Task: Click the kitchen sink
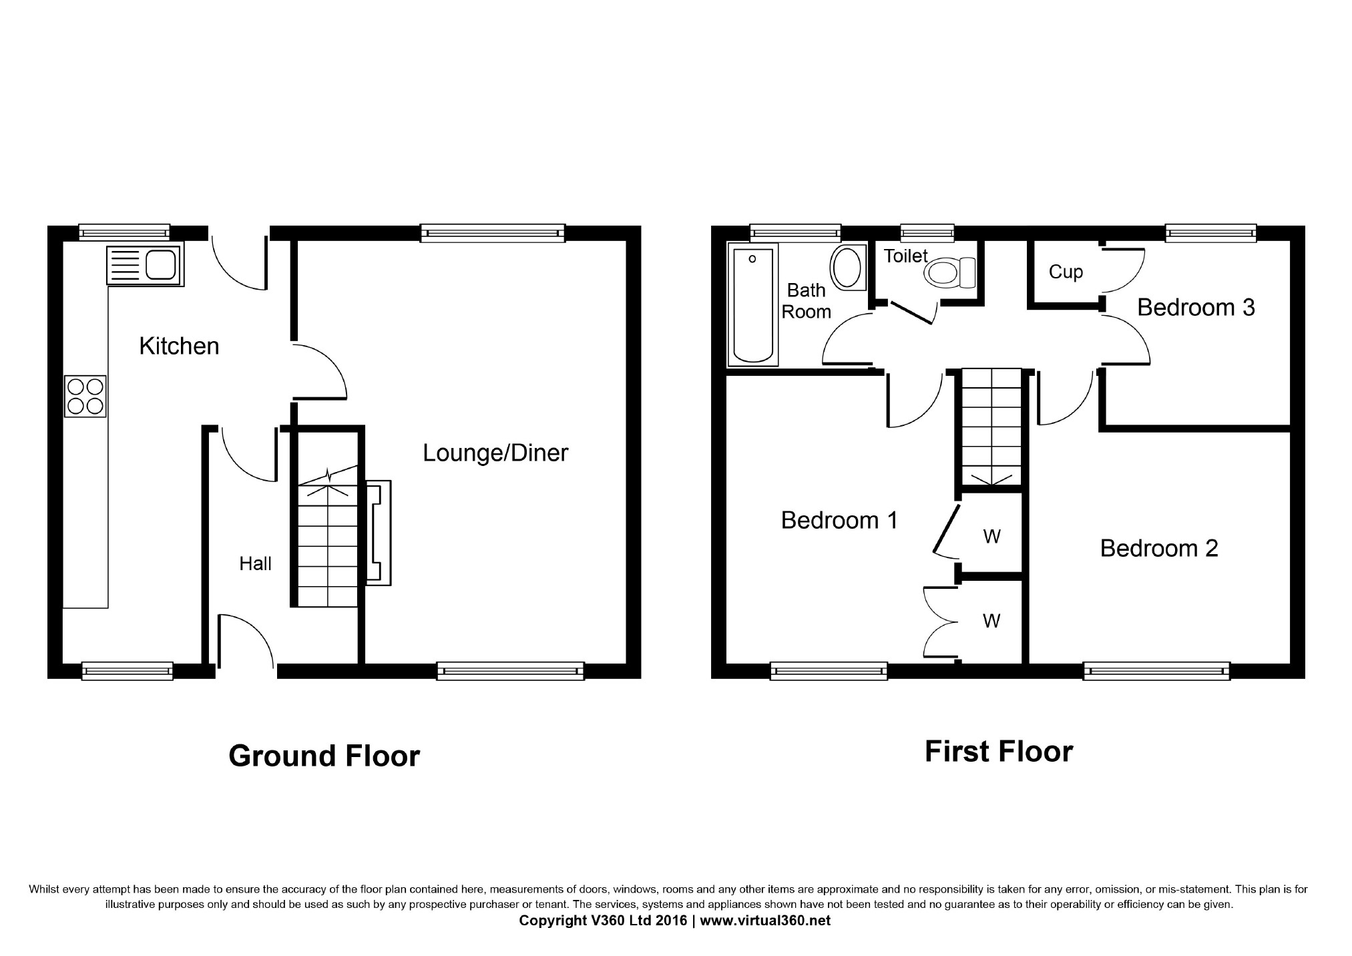[144, 266]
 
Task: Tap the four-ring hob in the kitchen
[85, 397]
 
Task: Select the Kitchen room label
[179, 346]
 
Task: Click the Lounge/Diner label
[495, 453]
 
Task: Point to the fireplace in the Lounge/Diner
[378, 533]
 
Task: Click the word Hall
[255, 564]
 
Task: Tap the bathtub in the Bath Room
[752, 305]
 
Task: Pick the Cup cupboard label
[1066, 272]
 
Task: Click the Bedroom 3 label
[1196, 307]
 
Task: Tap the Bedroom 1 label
[839, 520]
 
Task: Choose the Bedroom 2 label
[1159, 548]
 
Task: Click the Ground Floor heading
[324, 756]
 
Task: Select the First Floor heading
[999, 752]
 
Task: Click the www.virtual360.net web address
[765, 921]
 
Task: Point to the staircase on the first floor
[991, 427]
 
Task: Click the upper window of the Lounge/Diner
[493, 233]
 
